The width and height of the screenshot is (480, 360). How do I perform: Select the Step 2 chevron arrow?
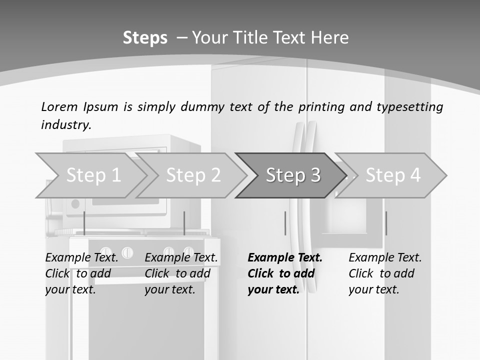tap(192, 175)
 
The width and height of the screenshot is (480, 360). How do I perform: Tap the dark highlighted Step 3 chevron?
tap(292, 175)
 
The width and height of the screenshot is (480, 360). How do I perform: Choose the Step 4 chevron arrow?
tap(392, 175)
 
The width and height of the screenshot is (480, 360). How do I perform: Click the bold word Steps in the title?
tap(145, 38)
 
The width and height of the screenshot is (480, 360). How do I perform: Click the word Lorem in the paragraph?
tap(59, 107)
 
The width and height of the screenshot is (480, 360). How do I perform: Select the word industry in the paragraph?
tap(66, 125)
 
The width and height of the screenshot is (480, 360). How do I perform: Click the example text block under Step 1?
tap(81, 273)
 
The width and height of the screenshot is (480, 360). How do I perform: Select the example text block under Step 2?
tap(181, 273)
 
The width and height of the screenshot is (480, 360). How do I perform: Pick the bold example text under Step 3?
tap(285, 273)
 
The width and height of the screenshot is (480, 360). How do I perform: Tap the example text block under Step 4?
tap(385, 273)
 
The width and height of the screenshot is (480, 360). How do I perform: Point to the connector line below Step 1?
tap(84, 223)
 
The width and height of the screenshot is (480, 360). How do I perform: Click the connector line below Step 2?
tap(184, 223)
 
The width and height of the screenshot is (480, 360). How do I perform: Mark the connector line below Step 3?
tap(285, 223)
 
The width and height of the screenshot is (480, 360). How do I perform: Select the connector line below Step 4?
tap(386, 223)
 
